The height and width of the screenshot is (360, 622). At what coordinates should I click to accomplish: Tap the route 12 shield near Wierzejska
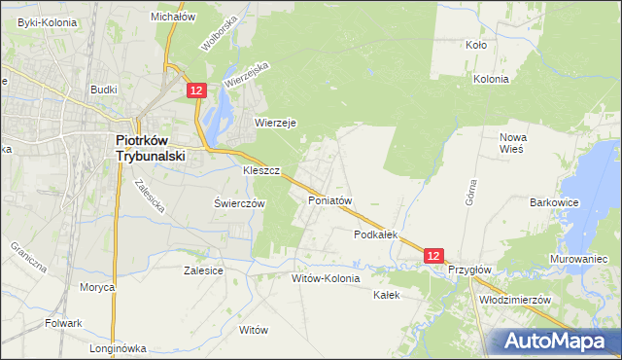(196, 90)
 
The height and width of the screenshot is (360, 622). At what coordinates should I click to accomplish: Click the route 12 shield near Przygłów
(434, 255)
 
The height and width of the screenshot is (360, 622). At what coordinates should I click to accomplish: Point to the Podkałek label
(377, 234)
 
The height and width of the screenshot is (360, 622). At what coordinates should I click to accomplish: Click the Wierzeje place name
(275, 123)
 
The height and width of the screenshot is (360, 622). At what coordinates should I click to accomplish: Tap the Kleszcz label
(261, 170)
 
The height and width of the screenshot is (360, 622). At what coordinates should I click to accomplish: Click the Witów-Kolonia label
(326, 278)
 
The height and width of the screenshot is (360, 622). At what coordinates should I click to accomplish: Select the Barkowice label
(555, 202)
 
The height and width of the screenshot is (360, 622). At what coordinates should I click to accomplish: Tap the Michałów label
(173, 17)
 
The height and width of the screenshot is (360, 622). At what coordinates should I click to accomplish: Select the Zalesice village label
(204, 271)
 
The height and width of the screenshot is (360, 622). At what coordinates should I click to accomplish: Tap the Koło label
(476, 45)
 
